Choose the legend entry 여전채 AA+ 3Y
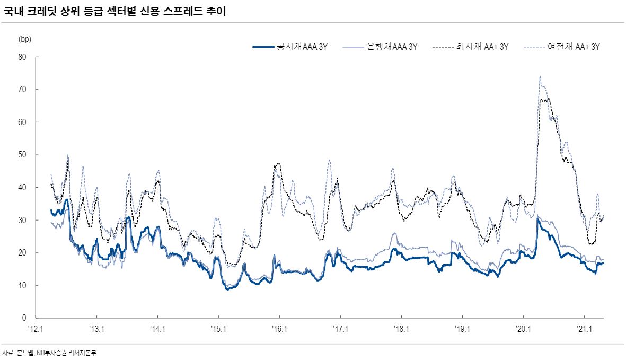(x=574, y=47)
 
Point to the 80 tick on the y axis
(x=23, y=57)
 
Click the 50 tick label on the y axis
(x=23, y=155)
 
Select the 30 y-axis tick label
(x=23, y=221)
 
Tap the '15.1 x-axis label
(x=219, y=329)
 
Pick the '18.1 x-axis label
(x=402, y=329)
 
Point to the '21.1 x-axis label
(x=584, y=329)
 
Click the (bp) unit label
(x=25, y=39)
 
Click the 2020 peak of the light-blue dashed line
(x=540, y=76)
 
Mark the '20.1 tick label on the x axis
(x=524, y=329)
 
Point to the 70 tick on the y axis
(x=23, y=90)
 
